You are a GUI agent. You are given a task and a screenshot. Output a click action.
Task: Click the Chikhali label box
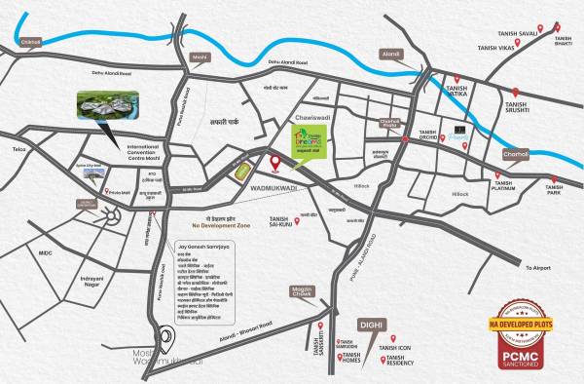(32, 43)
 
